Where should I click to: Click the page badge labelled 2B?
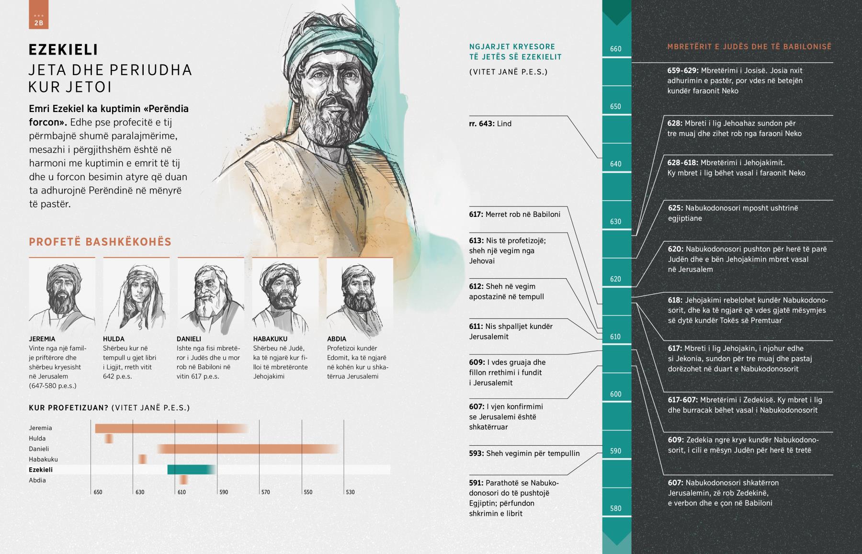(38, 20)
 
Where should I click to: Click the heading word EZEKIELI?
(63, 50)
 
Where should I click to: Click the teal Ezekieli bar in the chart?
(191, 470)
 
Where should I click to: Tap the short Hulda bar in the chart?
(109, 439)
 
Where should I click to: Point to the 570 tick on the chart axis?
(265, 492)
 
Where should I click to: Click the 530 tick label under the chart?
(350, 492)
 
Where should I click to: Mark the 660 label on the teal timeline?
(616, 49)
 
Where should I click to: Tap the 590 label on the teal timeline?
(616, 451)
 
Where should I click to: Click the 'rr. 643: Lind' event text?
(490, 124)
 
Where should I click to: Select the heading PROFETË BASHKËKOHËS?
(100, 242)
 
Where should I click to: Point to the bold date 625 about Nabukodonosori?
(675, 208)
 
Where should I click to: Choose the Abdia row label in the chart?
(37, 480)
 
